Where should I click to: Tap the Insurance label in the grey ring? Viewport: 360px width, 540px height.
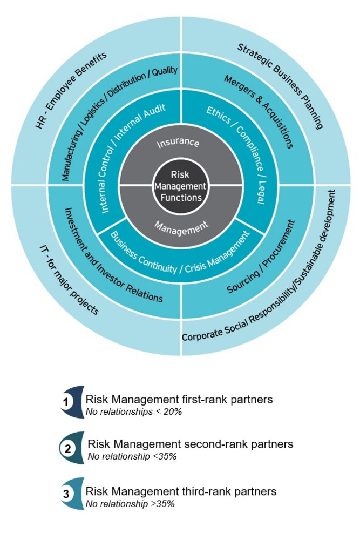(x=178, y=144)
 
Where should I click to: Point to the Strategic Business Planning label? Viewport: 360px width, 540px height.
(x=281, y=86)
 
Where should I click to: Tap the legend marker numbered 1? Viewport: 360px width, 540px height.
(x=66, y=402)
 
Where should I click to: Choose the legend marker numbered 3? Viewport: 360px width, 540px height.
(x=66, y=494)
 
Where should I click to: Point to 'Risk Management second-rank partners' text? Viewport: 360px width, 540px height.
(x=190, y=444)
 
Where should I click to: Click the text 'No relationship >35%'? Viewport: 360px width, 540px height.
(x=130, y=503)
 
